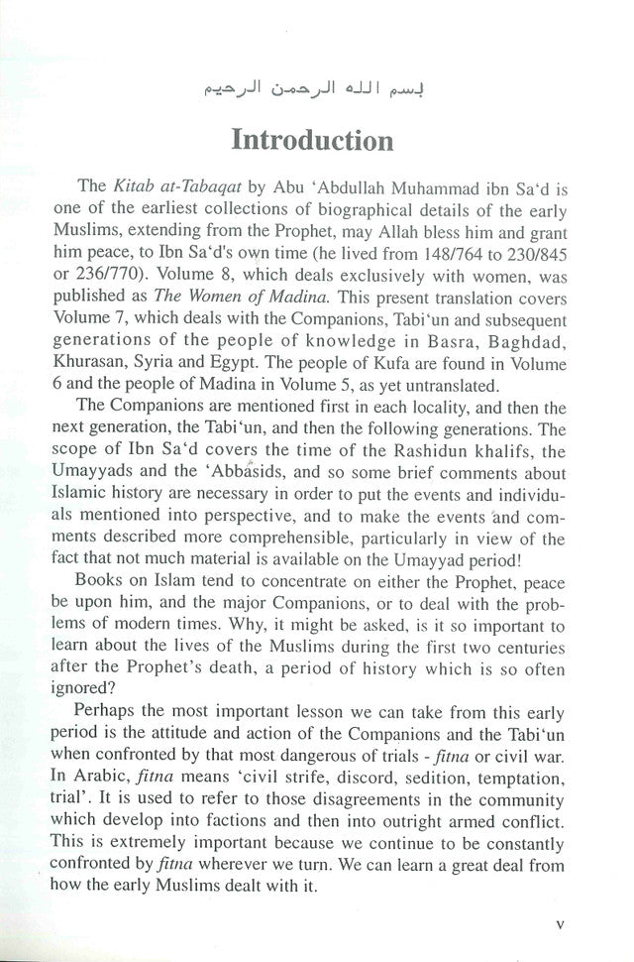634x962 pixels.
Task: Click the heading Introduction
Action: coord(313,139)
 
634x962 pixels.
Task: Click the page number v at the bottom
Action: coord(561,922)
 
